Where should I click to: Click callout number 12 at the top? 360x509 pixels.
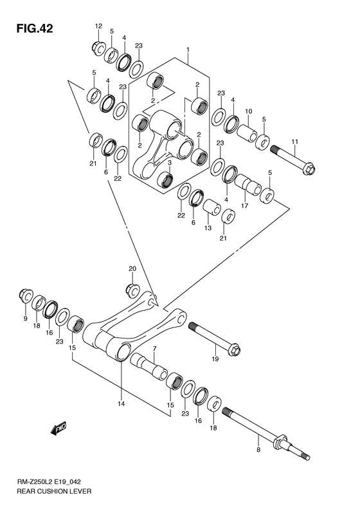[x=98, y=26]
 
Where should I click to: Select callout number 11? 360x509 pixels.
[x=295, y=142]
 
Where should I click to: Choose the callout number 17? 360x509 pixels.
[x=244, y=206]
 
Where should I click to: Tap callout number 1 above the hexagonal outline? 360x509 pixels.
[x=188, y=50]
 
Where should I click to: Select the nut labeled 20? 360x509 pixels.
[x=133, y=290]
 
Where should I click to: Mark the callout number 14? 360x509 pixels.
[x=122, y=403]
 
